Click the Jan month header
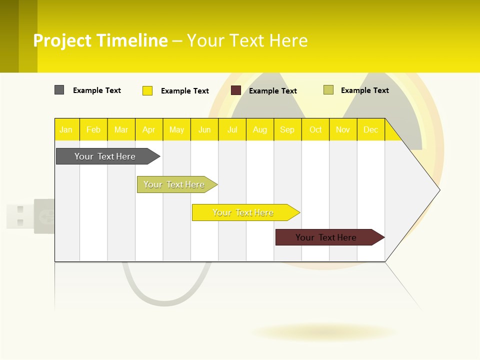[x=66, y=130]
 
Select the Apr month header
[x=149, y=130]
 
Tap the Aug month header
[x=260, y=130]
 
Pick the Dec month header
[x=370, y=130]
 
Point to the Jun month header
[x=204, y=130]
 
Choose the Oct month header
[x=315, y=130]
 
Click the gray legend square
[x=59, y=90]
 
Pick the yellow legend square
[x=147, y=90]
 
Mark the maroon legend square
[x=236, y=90]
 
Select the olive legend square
[x=328, y=90]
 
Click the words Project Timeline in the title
[x=100, y=40]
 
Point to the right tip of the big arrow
[x=438, y=190]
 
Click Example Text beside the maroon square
[x=272, y=91]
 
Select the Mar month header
[x=121, y=130]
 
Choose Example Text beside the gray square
[x=97, y=90]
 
